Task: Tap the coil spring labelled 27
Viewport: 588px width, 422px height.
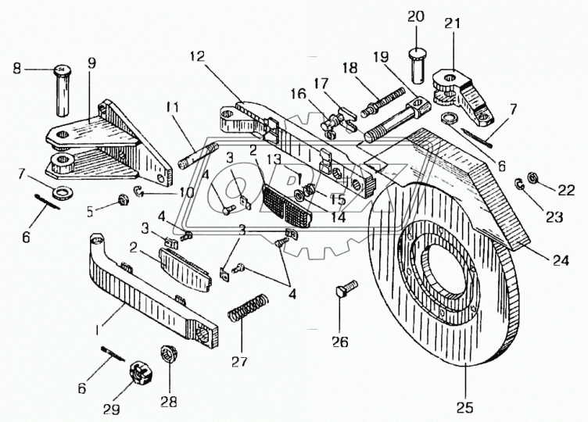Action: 249,305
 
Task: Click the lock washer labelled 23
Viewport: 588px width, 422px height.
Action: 519,184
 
